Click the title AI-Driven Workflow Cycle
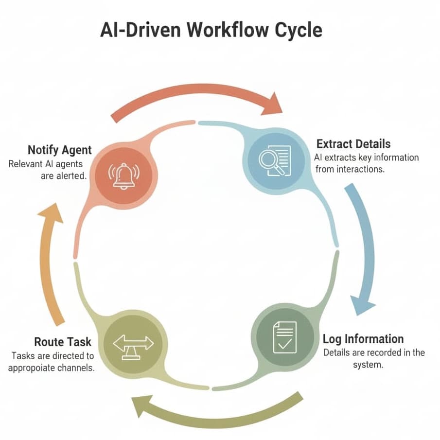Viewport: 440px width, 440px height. pos(211,30)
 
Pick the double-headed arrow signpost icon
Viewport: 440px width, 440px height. pos(133,344)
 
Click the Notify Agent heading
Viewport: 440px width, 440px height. pos(59,150)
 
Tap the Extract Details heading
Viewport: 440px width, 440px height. pos(353,144)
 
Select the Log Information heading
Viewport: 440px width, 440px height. pos(363,338)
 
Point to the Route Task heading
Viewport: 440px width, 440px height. pos(63,342)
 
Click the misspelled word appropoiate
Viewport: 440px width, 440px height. pos(34,368)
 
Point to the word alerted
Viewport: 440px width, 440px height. pos(71,176)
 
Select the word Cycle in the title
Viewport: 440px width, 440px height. pos(297,30)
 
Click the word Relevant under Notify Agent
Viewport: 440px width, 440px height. pos(25,164)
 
